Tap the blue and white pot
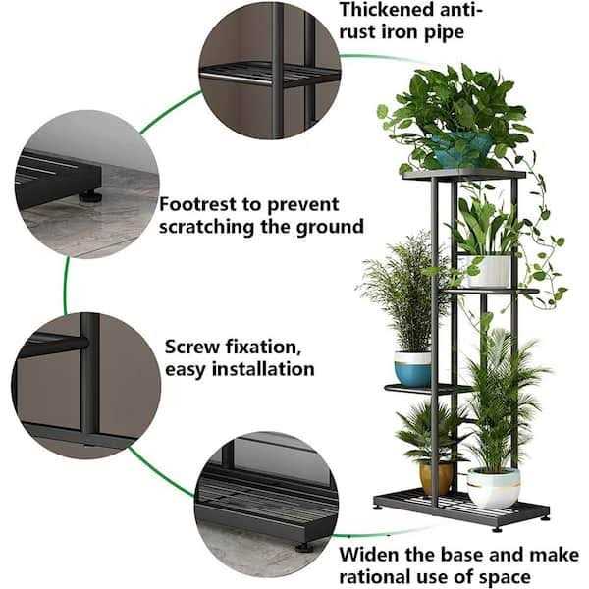[x=412, y=369]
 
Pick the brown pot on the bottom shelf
[x=436, y=477]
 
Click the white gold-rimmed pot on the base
[x=493, y=487]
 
